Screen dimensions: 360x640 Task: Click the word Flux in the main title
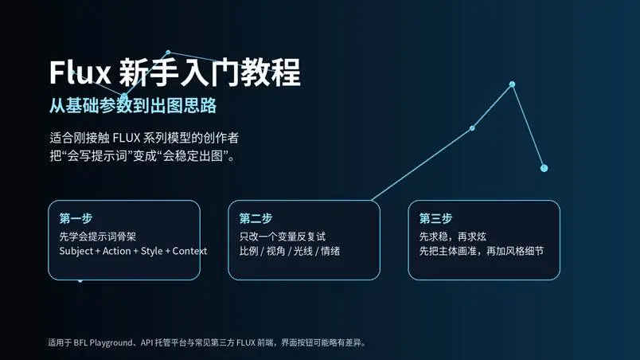click(80, 73)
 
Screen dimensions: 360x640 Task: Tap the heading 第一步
click(76, 218)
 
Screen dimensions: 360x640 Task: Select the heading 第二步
click(256, 218)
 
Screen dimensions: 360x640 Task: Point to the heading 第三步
click(435, 218)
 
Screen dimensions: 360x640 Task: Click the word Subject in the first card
click(77, 251)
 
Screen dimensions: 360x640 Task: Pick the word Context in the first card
click(189, 251)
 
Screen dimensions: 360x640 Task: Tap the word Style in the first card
click(151, 251)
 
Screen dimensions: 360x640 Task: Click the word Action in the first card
click(118, 251)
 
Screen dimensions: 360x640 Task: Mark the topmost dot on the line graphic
click(512, 84)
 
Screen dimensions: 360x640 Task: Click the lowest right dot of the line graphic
click(544, 168)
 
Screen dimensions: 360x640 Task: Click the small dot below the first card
click(80, 280)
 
